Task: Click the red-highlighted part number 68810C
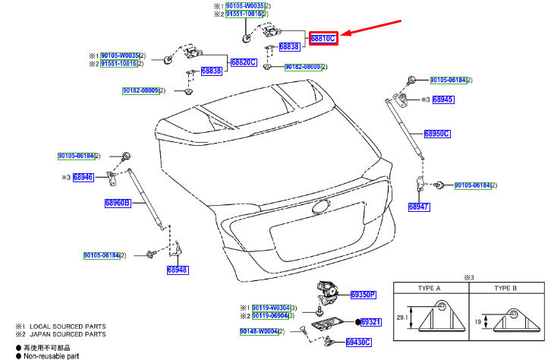point(322,37)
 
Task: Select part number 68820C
point(243,62)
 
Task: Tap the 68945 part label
point(442,99)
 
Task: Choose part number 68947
point(419,207)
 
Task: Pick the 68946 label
point(83,177)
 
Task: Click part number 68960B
point(118,203)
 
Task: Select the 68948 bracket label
point(178,270)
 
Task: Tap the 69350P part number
point(363,295)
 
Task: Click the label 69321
point(370,322)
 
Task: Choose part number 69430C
point(358,343)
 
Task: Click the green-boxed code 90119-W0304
point(269,307)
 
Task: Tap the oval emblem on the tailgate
point(322,207)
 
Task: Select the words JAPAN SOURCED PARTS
point(68,334)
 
